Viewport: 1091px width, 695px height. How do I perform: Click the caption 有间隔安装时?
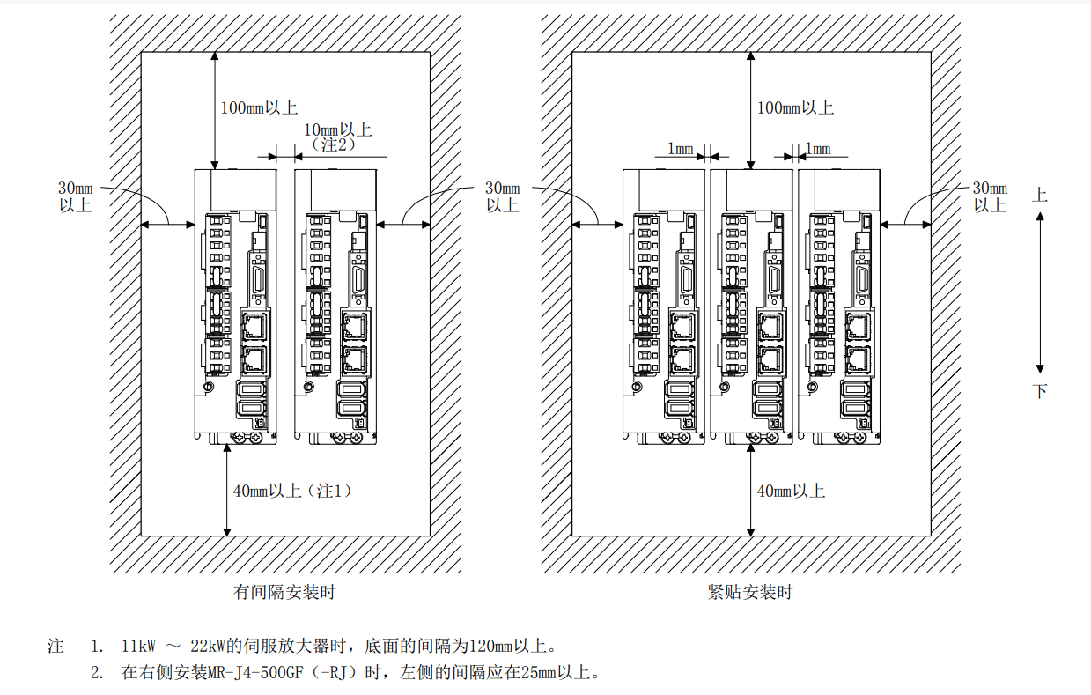284,593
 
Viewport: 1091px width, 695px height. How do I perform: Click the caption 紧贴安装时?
750,593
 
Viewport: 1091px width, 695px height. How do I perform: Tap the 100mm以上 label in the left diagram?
259,108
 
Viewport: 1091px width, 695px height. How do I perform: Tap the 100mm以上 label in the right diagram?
795,108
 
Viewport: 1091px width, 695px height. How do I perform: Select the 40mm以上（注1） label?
293,492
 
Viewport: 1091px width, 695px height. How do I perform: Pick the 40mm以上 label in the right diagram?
791,492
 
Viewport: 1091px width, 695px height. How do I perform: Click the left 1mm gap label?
680,149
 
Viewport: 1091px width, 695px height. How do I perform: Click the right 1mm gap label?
817,149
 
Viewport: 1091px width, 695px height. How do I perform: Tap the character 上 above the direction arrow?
1040,195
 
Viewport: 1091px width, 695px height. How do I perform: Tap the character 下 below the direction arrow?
1040,391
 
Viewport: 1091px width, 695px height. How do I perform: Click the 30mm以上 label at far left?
75,196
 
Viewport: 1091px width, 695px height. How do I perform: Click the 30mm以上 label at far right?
990,196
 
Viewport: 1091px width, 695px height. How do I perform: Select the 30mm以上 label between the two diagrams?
503,196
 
